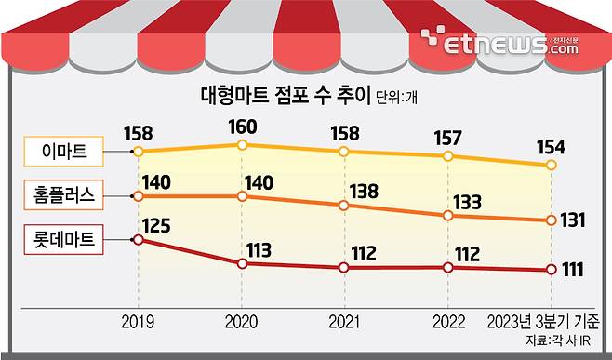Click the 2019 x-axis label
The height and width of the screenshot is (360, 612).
pyautogui.click(x=139, y=322)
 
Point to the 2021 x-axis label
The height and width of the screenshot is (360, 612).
pyautogui.click(x=345, y=322)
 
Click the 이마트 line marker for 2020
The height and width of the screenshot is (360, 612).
pyautogui.click(x=242, y=145)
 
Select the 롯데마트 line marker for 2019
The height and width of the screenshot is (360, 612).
pyautogui.click(x=139, y=239)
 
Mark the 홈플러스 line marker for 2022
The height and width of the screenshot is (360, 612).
pyautogui.click(x=449, y=215)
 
